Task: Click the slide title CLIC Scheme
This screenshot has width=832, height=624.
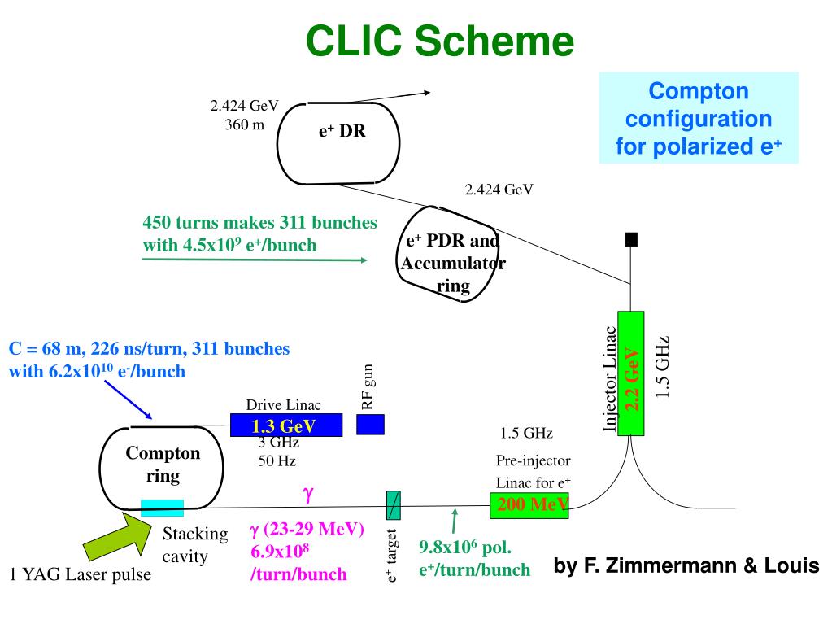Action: pos(440,41)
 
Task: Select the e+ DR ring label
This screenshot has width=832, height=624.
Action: pos(342,131)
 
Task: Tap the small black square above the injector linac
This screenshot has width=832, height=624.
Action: pos(630,239)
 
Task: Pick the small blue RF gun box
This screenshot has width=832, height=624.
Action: pos(370,424)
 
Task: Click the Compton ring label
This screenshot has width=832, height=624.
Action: pos(163,465)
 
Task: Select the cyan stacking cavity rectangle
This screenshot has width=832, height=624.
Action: pos(162,508)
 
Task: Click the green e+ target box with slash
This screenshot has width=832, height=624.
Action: pos(393,505)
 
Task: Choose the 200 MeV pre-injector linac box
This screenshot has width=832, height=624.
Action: pos(529,505)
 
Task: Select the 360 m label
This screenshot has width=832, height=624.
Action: pos(245,125)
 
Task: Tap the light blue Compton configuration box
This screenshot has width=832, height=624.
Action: pos(699,118)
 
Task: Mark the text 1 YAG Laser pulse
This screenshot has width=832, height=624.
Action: pos(81,575)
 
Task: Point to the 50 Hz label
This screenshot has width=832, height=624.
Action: pos(277,460)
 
